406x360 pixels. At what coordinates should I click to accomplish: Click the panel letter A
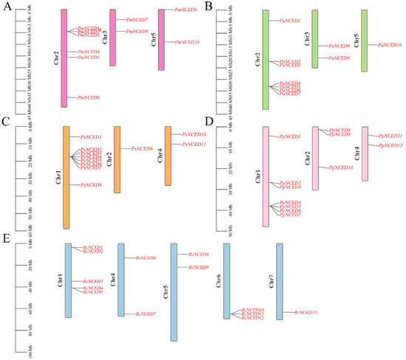click(x=7, y=7)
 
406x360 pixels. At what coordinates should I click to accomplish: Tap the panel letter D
click(x=209, y=120)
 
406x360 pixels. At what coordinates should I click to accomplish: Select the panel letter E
click(x=7, y=240)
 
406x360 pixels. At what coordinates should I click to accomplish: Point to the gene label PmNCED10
click(x=187, y=42)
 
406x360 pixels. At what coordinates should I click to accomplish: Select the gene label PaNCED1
click(x=289, y=21)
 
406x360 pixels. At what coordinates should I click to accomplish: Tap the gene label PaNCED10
click(x=389, y=45)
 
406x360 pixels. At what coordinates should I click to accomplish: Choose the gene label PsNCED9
click(x=142, y=149)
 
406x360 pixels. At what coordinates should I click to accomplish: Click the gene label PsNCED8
click(x=90, y=184)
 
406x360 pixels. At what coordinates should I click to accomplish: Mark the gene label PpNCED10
click(x=340, y=168)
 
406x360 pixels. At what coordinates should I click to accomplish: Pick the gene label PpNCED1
click(x=289, y=137)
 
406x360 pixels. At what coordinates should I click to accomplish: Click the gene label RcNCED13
click(x=305, y=314)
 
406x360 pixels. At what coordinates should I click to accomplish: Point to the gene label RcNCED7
click(x=145, y=314)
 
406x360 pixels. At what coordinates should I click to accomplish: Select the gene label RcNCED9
click(x=198, y=267)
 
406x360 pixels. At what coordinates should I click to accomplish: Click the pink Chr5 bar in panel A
click(x=162, y=41)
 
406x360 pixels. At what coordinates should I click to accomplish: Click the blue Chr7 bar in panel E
click(x=280, y=281)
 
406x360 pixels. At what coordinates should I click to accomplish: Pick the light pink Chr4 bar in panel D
click(x=365, y=153)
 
